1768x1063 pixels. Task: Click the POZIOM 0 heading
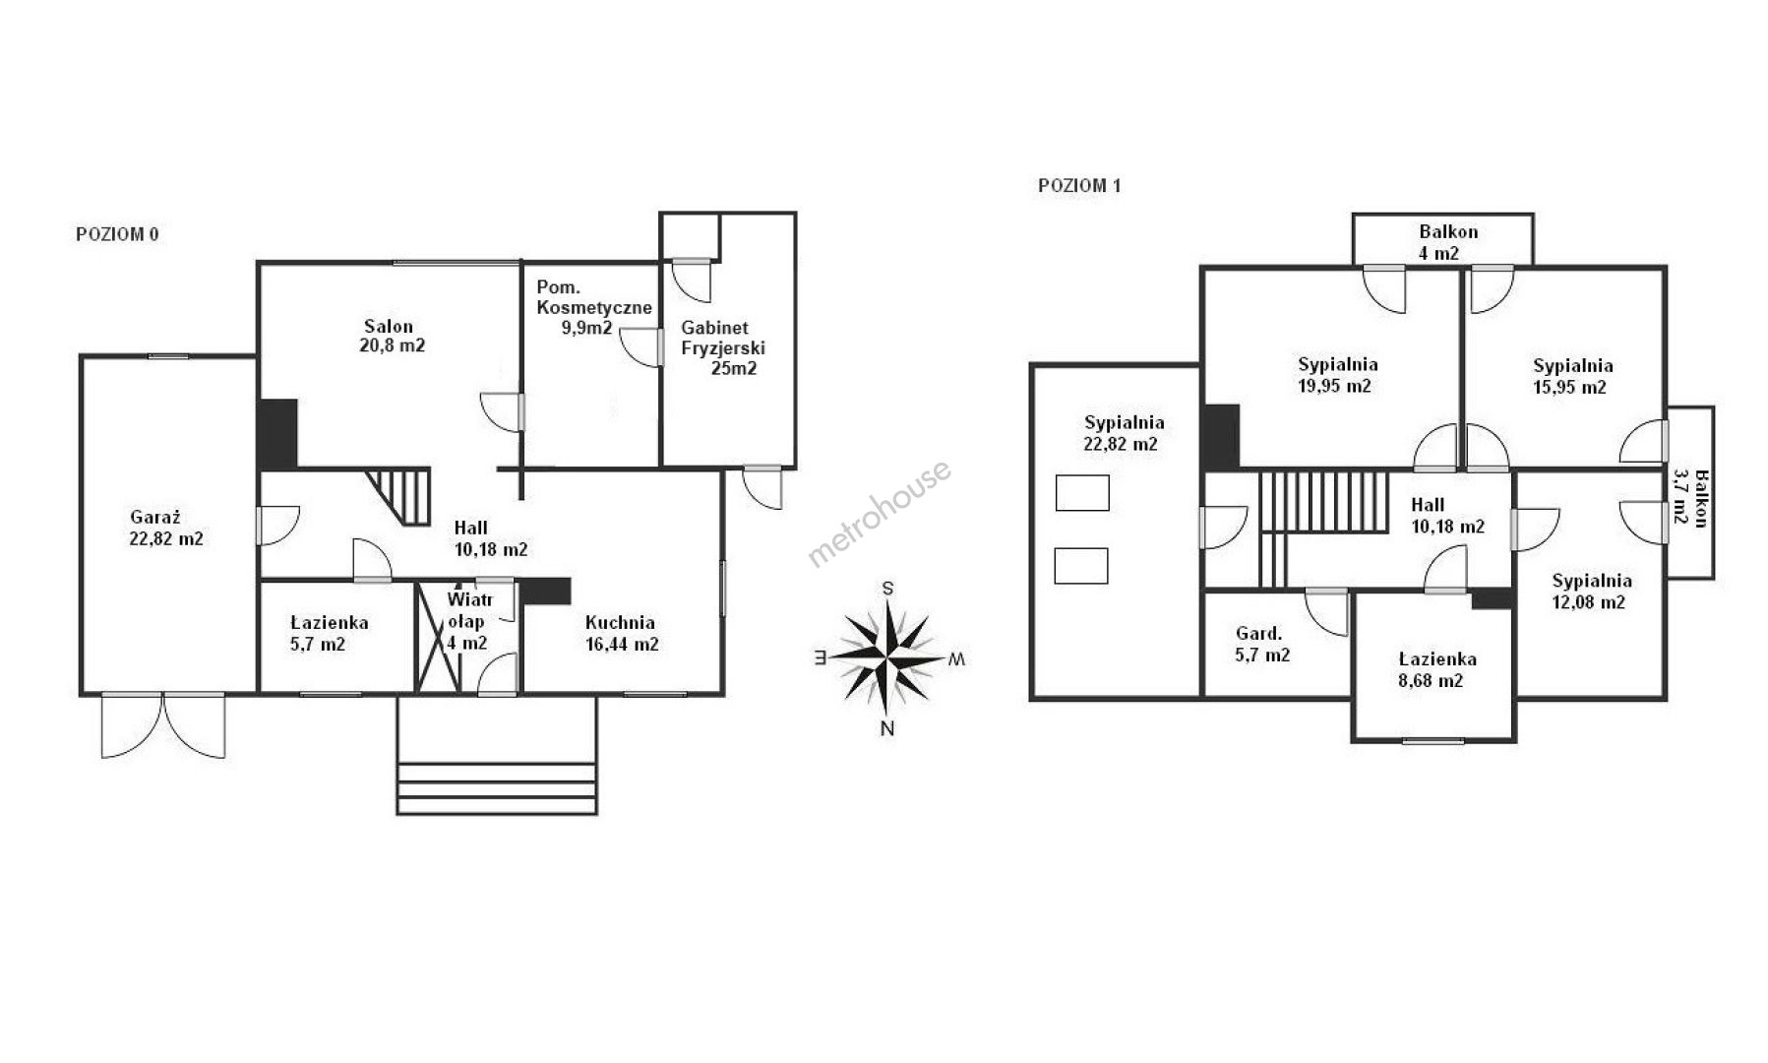[117, 234]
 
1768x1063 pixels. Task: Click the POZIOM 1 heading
[1079, 185]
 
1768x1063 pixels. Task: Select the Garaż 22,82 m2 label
[166, 528]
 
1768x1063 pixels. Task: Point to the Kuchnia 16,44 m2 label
[620, 634]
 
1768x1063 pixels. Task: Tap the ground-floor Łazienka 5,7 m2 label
[330, 634]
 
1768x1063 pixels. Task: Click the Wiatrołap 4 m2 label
[467, 621]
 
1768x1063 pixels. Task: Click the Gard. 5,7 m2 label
[1262, 644]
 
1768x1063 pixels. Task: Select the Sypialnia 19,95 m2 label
[1336, 375]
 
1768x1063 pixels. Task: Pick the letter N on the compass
[887, 729]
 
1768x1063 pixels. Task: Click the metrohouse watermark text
[880, 514]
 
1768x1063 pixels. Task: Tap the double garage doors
[163, 725]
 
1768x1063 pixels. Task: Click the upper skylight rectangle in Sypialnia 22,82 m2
[1082, 493]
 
